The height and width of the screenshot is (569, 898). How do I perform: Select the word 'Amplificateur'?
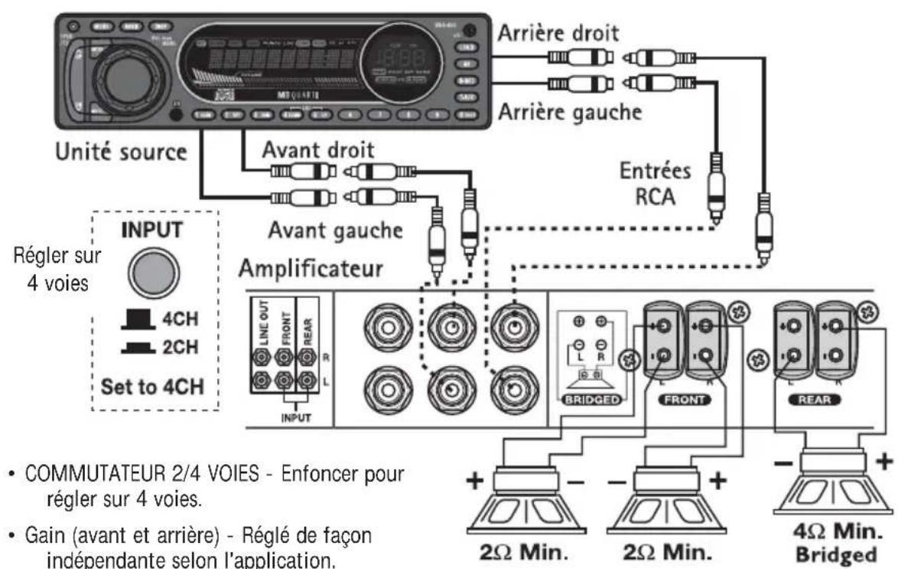(x=313, y=268)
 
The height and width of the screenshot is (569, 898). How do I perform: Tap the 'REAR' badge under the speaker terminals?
(x=809, y=398)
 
